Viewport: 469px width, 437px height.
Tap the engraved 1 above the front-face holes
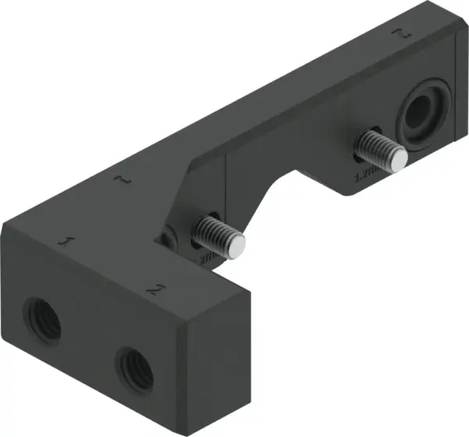(x=68, y=241)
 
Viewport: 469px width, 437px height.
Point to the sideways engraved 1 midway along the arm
(x=121, y=181)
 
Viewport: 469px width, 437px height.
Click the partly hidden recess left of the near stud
(x=168, y=239)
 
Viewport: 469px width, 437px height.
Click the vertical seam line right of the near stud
(x=226, y=203)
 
